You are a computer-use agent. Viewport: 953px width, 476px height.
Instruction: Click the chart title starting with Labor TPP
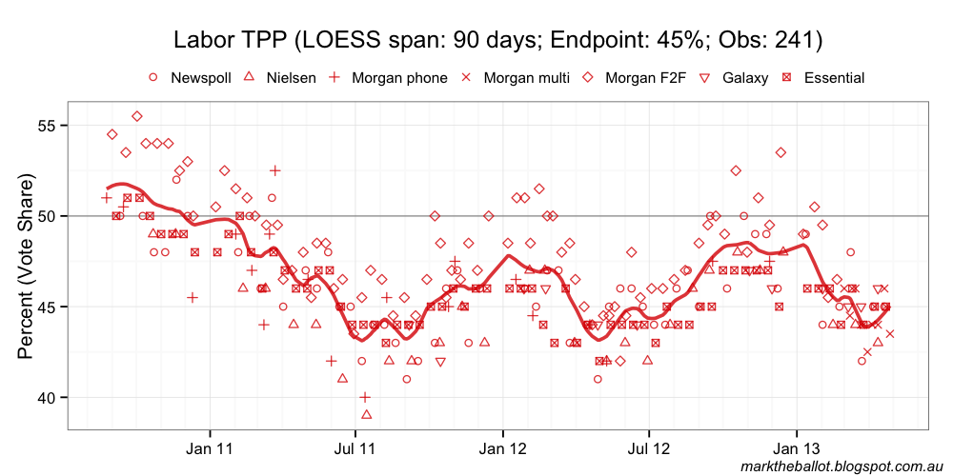497,40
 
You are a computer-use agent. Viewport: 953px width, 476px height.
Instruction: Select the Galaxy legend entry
735,78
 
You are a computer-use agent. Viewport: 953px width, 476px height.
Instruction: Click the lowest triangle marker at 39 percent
366,414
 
